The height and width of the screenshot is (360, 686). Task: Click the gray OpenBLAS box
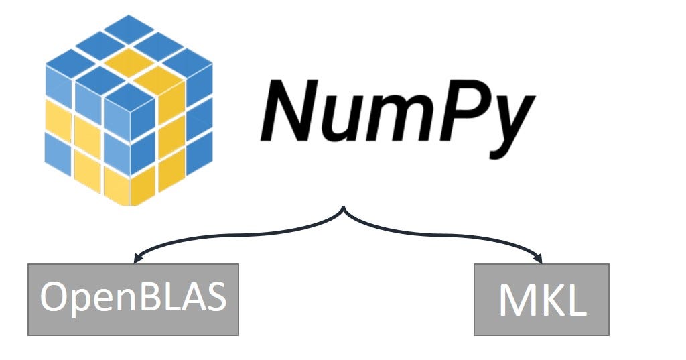[133, 300]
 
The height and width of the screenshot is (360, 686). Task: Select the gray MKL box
[541, 300]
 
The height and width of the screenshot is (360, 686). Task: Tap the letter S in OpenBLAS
[216, 297]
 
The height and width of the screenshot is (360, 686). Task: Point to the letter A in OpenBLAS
[192, 297]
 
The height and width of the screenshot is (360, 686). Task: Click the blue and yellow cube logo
[129, 111]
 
